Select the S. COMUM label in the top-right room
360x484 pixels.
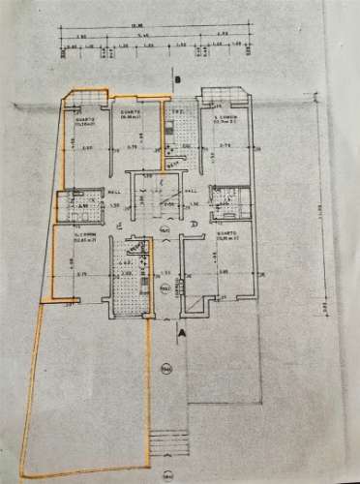click(x=225, y=120)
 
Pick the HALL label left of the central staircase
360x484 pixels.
click(x=113, y=192)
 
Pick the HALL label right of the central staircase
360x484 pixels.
click(x=192, y=192)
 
